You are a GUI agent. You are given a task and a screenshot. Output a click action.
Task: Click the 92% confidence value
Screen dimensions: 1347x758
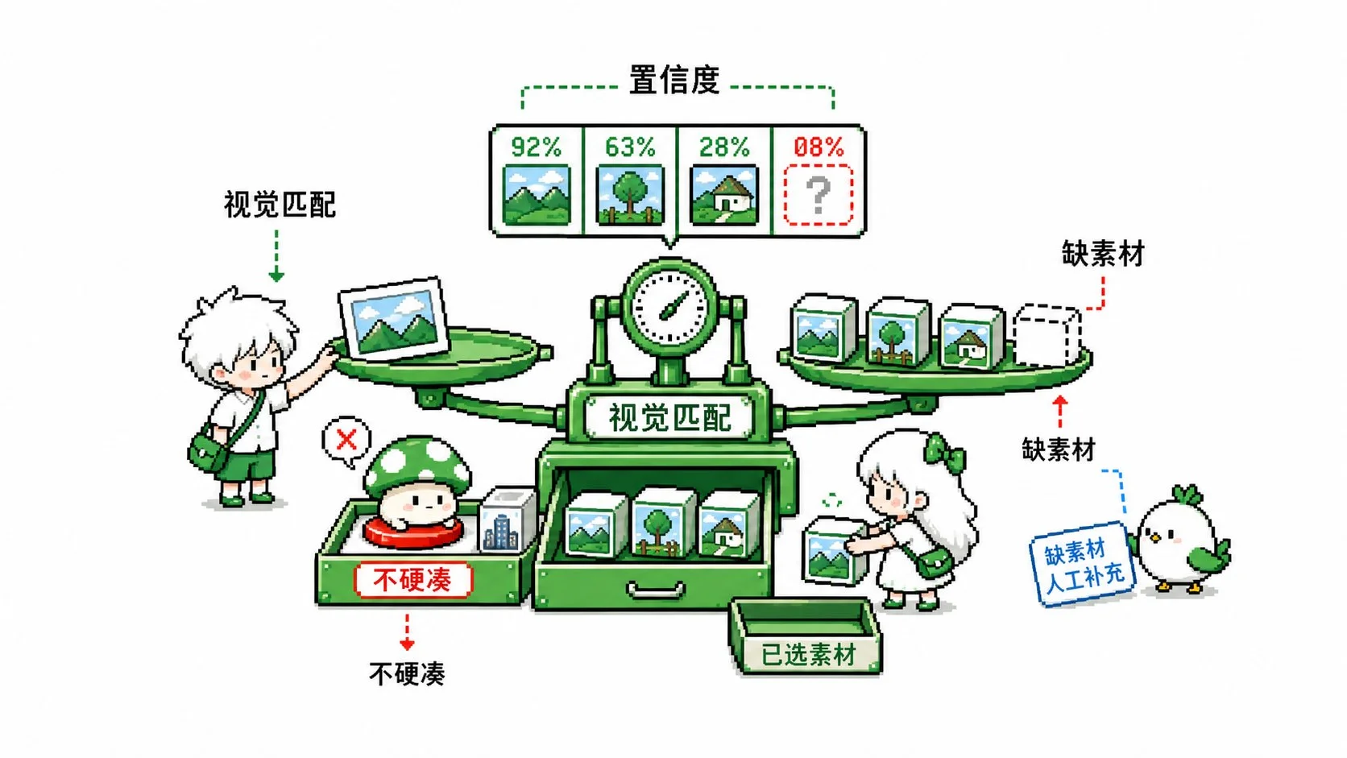point(536,147)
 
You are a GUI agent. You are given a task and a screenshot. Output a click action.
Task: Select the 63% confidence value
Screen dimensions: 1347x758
point(630,147)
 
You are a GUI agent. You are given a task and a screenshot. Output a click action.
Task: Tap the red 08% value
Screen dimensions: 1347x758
point(819,147)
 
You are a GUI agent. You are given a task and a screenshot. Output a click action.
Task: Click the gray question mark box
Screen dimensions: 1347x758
point(819,195)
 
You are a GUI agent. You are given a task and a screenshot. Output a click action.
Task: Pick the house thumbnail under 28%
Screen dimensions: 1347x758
point(724,195)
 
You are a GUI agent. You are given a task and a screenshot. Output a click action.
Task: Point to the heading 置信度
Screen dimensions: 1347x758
point(674,81)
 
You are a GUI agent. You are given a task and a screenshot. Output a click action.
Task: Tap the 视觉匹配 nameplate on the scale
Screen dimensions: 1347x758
point(669,417)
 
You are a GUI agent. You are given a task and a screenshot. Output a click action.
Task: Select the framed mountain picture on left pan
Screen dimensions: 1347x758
point(395,319)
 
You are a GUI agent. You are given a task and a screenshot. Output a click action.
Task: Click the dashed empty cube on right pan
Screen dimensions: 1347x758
point(1047,335)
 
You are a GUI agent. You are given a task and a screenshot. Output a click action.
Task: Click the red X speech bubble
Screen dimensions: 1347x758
point(347,441)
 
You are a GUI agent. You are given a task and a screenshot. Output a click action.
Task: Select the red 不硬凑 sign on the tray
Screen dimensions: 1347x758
point(413,580)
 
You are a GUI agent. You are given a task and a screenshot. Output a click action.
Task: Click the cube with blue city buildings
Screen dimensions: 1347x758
point(507,520)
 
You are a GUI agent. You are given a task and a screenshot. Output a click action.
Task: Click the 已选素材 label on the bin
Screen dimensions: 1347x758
point(807,654)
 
